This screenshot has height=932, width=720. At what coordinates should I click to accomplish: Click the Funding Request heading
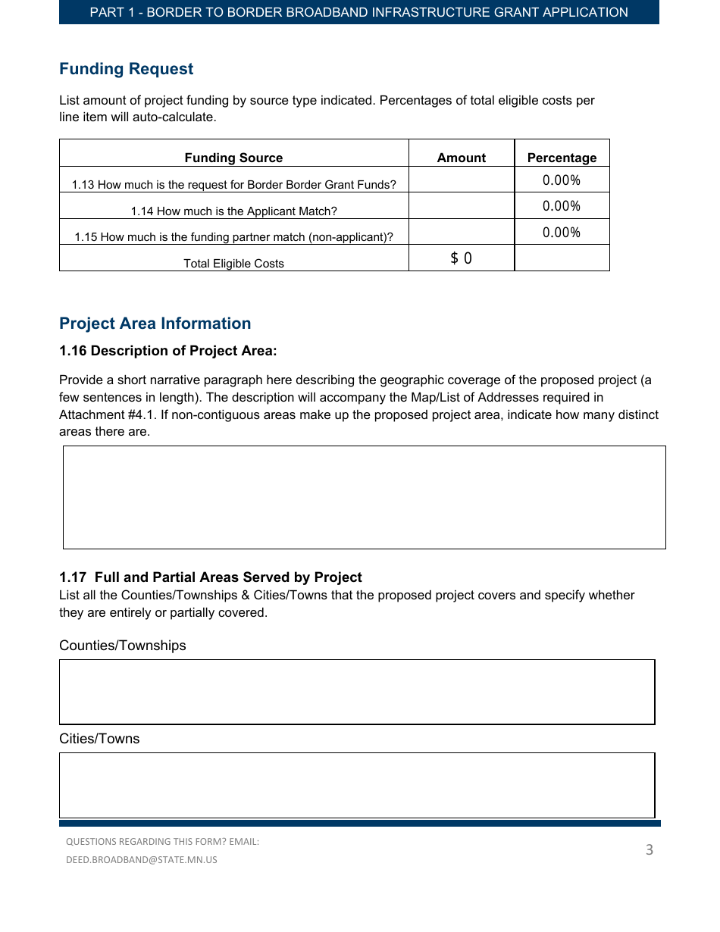[x=126, y=69]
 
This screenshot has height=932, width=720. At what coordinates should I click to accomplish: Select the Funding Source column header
[x=233, y=158]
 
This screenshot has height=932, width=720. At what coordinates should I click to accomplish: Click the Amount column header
[x=461, y=158]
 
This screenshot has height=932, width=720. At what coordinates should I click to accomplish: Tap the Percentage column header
[x=562, y=158]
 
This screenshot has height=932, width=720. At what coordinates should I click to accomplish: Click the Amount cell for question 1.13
[x=461, y=180]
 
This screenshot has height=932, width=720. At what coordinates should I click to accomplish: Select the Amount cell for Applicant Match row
[x=461, y=206]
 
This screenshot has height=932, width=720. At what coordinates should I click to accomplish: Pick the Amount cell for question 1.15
[x=461, y=233]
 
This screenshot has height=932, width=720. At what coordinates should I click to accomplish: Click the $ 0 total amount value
[x=461, y=258]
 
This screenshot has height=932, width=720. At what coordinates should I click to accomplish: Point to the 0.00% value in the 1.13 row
[x=562, y=180]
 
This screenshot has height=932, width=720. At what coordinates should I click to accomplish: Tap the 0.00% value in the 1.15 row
[x=562, y=233]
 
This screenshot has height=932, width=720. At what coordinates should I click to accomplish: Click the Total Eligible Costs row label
[x=233, y=264]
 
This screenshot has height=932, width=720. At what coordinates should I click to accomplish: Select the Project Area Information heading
[x=155, y=324]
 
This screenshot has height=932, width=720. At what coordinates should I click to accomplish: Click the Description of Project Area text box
[x=364, y=497]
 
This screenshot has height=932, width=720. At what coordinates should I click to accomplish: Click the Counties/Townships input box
[x=357, y=692]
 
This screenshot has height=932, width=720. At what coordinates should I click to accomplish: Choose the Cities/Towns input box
[x=357, y=785]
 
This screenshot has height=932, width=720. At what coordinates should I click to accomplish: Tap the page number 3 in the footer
[x=649, y=850]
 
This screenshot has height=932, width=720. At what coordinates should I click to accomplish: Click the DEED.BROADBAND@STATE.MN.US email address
[x=142, y=860]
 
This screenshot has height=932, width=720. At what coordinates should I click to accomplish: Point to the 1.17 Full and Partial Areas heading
[x=211, y=577]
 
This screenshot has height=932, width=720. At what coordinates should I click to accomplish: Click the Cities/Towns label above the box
[x=99, y=739]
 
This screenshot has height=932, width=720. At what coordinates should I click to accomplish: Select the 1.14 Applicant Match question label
[x=233, y=211]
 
